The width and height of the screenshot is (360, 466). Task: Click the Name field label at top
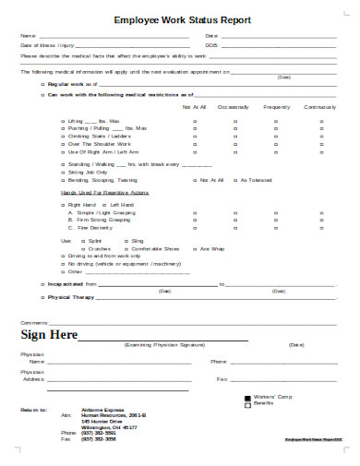tap(27, 36)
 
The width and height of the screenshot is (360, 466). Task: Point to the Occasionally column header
tap(234, 107)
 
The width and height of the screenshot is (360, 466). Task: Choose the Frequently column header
tap(275, 107)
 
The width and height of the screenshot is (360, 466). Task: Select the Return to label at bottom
tap(31, 407)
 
